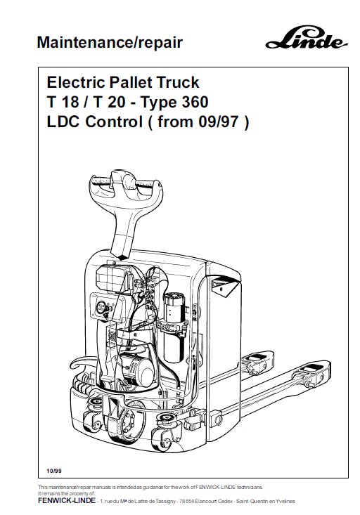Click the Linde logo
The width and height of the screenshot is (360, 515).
(x=306, y=37)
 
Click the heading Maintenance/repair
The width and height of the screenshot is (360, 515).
(x=110, y=43)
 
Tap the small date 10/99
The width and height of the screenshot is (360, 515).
(x=54, y=471)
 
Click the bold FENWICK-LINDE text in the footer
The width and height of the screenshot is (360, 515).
(x=67, y=501)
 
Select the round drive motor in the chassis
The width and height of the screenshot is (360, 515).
(x=137, y=369)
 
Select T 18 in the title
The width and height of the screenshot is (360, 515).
(x=63, y=102)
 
